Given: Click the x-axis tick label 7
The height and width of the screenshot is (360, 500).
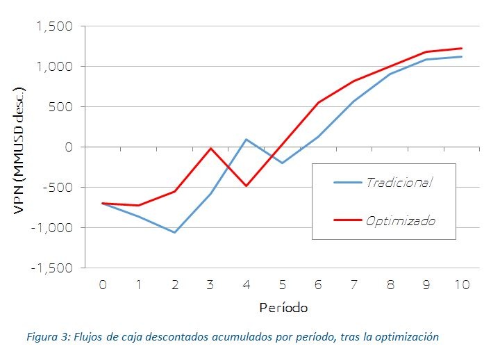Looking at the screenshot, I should [353, 284].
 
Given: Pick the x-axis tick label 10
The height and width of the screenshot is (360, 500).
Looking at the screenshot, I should [461, 284].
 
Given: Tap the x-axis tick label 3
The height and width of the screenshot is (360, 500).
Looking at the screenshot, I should [210, 284].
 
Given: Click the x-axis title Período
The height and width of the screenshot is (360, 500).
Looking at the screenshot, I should [283, 306].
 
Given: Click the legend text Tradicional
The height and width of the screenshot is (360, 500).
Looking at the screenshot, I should [399, 182].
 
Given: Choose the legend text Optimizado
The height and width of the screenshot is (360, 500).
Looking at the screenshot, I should [401, 220].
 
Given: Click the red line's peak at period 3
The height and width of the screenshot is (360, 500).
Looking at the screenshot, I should [210, 148].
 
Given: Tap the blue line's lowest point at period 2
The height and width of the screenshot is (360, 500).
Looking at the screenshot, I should [174, 232].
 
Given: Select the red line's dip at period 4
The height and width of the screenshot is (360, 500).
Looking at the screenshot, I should [246, 186].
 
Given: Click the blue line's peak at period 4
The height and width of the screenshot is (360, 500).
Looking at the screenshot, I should [246, 140].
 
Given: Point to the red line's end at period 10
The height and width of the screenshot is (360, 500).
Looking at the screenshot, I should [461, 49].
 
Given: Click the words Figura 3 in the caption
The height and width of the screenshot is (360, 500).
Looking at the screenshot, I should [46, 337].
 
